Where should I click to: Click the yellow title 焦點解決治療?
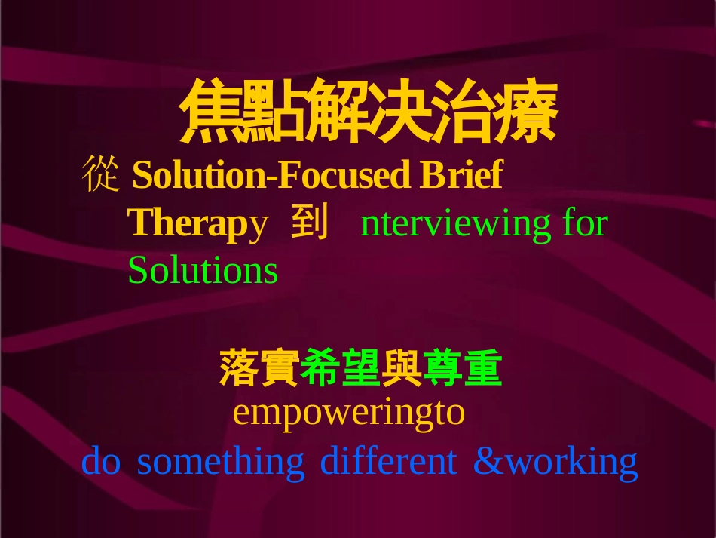[369, 113]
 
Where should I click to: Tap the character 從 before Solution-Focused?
[100, 175]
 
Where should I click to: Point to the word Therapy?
[197, 223]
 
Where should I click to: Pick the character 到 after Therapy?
[309, 223]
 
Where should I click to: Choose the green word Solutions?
[203, 270]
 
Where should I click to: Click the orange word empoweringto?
[349, 413]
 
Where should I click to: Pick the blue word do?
[101, 461]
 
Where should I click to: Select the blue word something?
[221, 461]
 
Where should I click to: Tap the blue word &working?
[555, 461]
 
